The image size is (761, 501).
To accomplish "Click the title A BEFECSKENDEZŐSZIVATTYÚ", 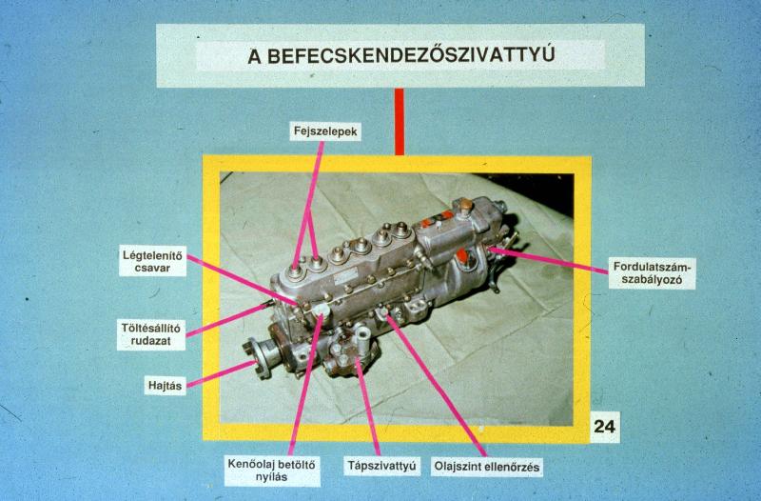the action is click(x=400, y=55).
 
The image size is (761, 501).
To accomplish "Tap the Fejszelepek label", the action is click(x=325, y=131).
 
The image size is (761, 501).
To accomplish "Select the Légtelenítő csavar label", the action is click(x=152, y=261).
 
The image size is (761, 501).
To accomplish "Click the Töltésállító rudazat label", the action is click(x=151, y=333).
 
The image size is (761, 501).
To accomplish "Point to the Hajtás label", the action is click(x=165, y=386).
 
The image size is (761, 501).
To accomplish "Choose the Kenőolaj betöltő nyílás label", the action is click(x=272, y=471).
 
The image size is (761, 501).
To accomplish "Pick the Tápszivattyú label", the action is click(x=381, y=466).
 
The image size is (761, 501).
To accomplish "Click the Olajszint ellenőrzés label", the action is click(x=487, y=467).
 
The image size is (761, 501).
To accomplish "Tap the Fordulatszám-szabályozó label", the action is click(x=652, y=273).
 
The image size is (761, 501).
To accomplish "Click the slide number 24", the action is click(x=605, y=427).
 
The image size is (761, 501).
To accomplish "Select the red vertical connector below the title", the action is click(x=399, y=122).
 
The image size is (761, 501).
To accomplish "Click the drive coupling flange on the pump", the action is click(x=263, y=358).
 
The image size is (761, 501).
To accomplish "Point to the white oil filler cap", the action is click(x=321, y=312).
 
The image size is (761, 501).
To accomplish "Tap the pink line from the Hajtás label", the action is click(x=222, y=374).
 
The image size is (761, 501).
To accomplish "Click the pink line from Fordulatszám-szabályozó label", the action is click(x=549, y=260).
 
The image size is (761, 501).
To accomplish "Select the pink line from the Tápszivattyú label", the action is click(x=368, y=408).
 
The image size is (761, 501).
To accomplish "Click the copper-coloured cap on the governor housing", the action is click(x=465, y=205).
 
